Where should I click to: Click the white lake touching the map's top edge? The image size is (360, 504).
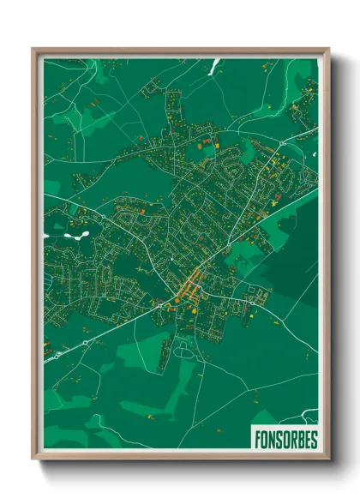coord(216,63)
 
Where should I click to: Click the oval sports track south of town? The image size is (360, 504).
coord(183,351)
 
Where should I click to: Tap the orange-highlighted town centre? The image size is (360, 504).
coord(189,286)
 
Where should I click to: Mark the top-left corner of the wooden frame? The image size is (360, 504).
coord(33,49)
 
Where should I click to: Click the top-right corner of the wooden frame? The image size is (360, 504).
coord(329,49)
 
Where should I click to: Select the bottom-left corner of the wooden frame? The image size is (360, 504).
coord(33,461)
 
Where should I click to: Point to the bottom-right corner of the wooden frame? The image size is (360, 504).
coord(329,461)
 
